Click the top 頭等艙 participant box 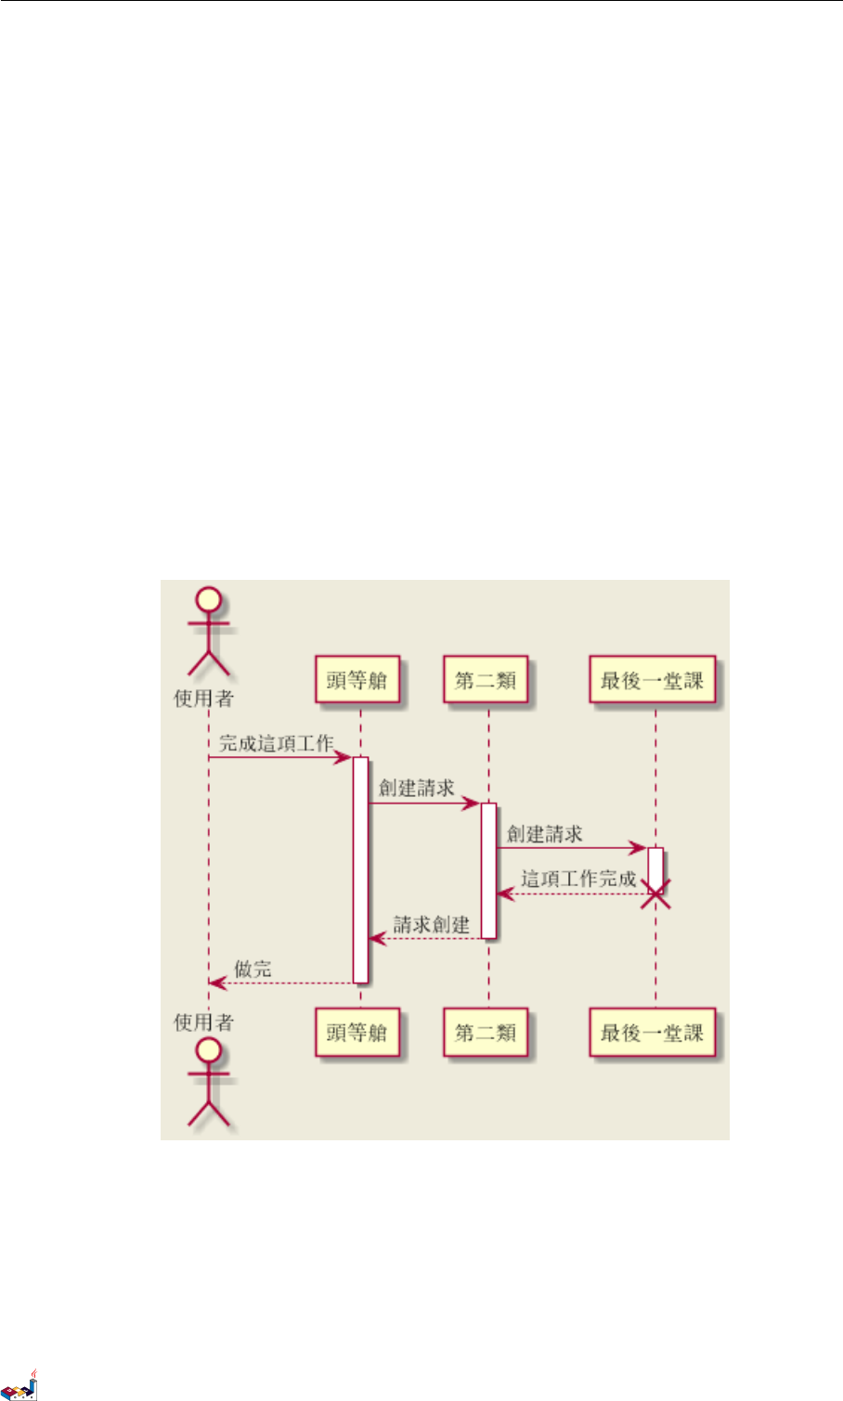point(357,680)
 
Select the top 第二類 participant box point(486,680)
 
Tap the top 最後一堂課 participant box point(653,680)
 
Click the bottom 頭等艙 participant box point(357,1032)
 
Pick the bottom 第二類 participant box point(486,1032)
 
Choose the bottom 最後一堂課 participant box point(653,1032)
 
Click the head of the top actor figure point(209,600)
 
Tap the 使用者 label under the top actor point(204,698)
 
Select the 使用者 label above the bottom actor point(204,1022)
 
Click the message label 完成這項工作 point(276,743)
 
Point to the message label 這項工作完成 point(578,879)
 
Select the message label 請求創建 point(432,924)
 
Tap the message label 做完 point(253,969)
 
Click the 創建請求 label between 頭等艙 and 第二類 point(417,788)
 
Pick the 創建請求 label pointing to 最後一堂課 point(545,833)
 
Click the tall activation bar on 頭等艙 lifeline point(360,868)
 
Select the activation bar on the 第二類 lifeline point(488,869)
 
